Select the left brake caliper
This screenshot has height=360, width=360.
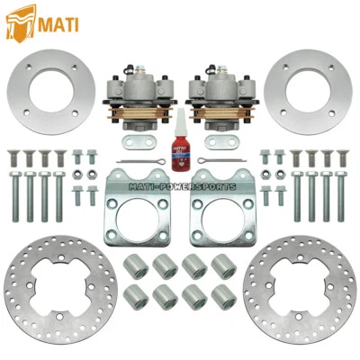coord(143,90)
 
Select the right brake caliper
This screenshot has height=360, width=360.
coord(215,90)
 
